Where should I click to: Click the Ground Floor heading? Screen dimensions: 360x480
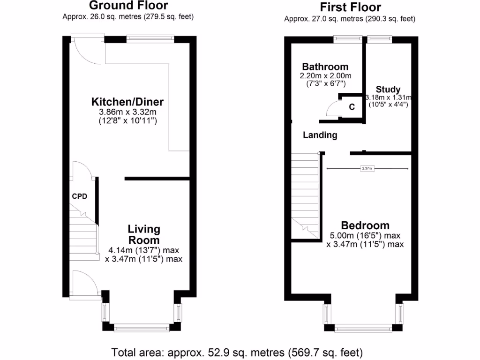(x=128, y=6)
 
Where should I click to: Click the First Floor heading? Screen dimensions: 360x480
(x=350, y=7)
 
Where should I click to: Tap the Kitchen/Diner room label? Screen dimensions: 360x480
(x=127, y=102)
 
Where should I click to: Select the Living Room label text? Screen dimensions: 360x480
(x=144, y=234)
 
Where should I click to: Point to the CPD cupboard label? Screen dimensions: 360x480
(x=79, y=196)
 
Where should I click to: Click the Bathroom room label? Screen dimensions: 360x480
(x=325, y=67)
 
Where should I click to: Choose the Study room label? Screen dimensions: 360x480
(x=388, y=90)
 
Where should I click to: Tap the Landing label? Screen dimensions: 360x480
(x=320, y=135)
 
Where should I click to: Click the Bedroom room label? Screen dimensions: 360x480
(x=365, y=225)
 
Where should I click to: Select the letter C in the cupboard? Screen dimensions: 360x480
(x=351, y=106)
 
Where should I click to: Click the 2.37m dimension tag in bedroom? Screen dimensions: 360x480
(x=367, y=168)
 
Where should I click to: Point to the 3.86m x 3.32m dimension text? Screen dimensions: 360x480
(x=127, y=112)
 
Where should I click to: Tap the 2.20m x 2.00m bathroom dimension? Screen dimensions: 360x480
(x=325, y=76)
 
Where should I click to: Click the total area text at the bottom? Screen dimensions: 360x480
(x=237, y=352)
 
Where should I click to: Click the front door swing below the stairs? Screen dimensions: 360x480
(x=85, y=284)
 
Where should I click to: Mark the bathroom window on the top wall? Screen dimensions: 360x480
(x=348, y=39)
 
